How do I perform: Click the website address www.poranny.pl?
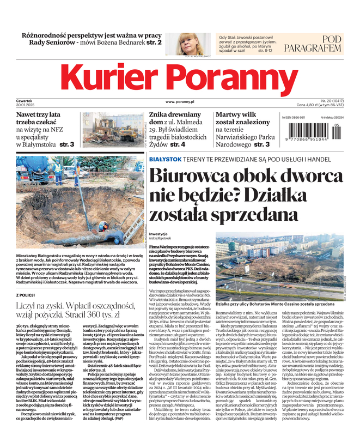tap(180, 102)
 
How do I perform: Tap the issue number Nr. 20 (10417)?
tap(331, 100)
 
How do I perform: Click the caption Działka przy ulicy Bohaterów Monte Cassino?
tap(267, 302)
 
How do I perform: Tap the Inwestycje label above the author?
tap(158, 233)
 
